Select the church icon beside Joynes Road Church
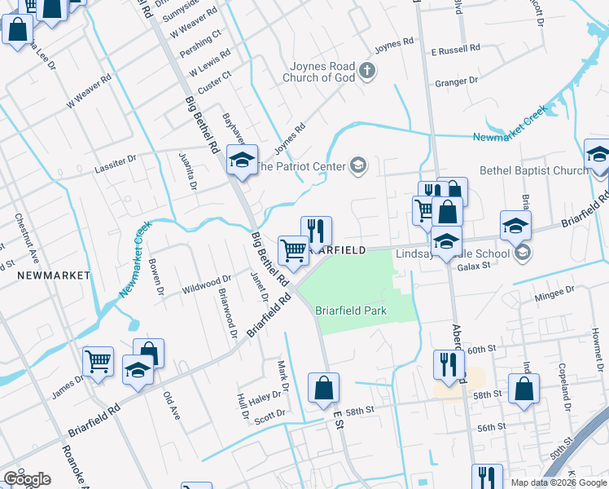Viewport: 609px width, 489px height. pyautogui.click(x=366, y=70)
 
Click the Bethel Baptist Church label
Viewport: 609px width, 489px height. pyautogui.click(x=533, y=170)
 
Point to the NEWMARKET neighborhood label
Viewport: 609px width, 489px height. pyautogui.click(x=53, y=275)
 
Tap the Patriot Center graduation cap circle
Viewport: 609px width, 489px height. pyautogui.click(x=357, y=166)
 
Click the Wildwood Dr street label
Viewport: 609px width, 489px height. pyautogui.click(x=206, y=284)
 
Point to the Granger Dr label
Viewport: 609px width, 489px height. pyautogui.click(x=456, y=81)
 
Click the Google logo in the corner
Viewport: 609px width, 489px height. pyautogui.click(x=27, y=479)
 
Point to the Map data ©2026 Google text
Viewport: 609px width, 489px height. pyautogui.click(x=558, y=482)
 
